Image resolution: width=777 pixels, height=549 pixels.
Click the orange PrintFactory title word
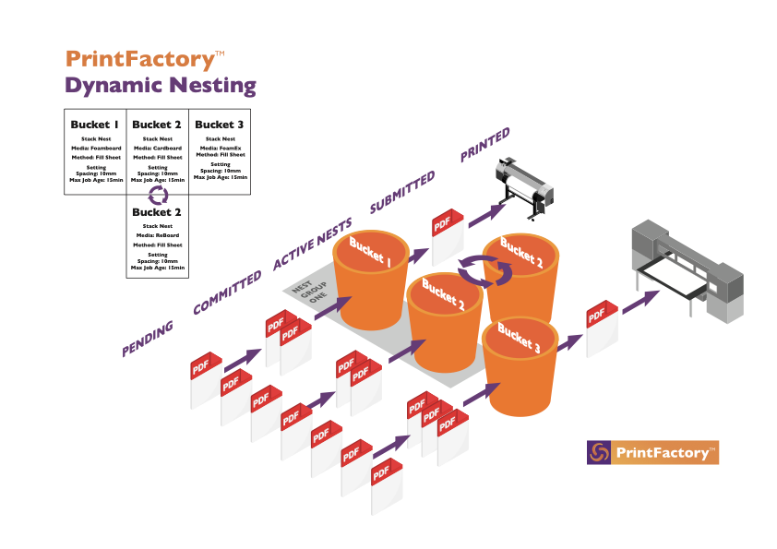[141, 59]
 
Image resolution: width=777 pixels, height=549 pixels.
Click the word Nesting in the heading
[212, 86]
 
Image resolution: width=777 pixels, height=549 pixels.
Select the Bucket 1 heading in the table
[95, 125]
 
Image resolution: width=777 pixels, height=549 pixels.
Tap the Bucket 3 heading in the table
[219, 125]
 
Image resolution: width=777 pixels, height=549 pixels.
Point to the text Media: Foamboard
[96, 149]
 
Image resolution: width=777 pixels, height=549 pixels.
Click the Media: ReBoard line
[158, 235]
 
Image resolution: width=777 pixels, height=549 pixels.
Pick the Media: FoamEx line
[221, 149]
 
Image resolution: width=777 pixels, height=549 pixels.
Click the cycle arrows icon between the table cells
[158, 196]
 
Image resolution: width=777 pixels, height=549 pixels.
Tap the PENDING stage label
[148, 339]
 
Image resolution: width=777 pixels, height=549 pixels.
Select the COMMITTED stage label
[227, 292]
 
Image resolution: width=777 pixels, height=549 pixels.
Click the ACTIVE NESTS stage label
[313, 244]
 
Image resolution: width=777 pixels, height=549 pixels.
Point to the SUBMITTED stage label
[402, 192]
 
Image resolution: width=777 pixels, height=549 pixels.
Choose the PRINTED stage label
[484, 145]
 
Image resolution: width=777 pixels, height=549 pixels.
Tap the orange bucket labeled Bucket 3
[520, 366]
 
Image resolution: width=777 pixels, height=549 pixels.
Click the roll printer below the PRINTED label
[524, 188]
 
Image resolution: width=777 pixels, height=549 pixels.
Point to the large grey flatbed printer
[687, 271]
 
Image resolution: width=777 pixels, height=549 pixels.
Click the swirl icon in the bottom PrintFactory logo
[599, 452]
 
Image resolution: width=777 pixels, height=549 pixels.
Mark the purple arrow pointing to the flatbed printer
[640, 303]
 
